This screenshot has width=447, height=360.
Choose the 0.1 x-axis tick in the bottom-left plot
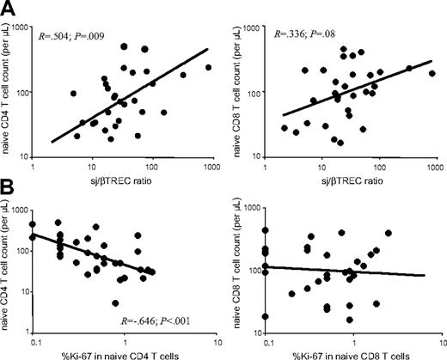[x=35, y=341]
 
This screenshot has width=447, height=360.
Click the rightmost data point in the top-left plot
[x=208, y=67]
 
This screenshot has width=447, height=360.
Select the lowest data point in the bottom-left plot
[x=115, y=302]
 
